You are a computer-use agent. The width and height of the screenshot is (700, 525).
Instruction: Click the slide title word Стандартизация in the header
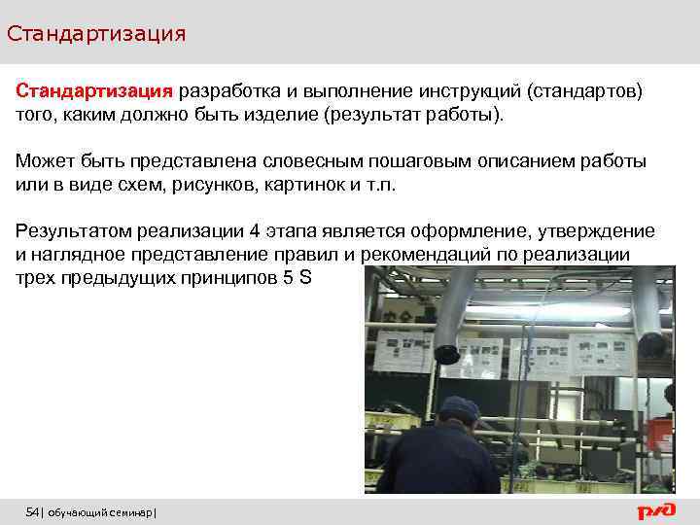[x=95, y=34]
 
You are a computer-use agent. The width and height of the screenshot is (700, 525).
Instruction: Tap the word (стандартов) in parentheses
[x=584, y=91]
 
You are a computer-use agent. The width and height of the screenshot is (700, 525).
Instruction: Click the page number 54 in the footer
[x=32, y=511]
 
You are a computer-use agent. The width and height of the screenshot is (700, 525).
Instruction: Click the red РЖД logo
[x=656, y=510]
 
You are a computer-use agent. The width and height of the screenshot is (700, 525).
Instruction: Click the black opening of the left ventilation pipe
[x=448, y=355]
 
